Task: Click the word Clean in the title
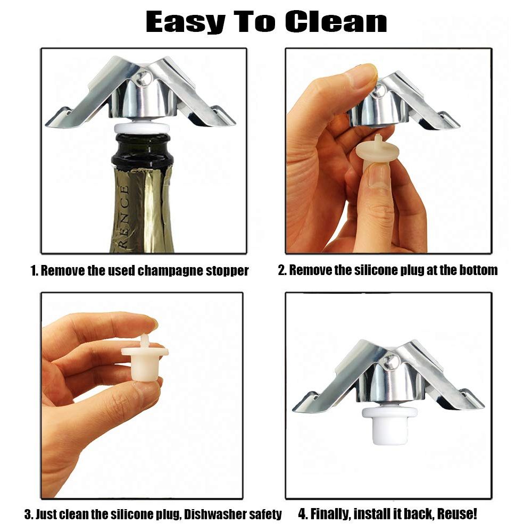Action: (x=336, y=22)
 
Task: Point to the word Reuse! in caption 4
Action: (x=456, y=514)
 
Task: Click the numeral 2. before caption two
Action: (x=282, y=270)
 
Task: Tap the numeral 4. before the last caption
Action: (x=303, y=514)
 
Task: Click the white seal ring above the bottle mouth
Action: (x=142, y=128)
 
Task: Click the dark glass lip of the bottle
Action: (x=142, y=149)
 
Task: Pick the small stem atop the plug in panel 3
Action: (x=145, y=341)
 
